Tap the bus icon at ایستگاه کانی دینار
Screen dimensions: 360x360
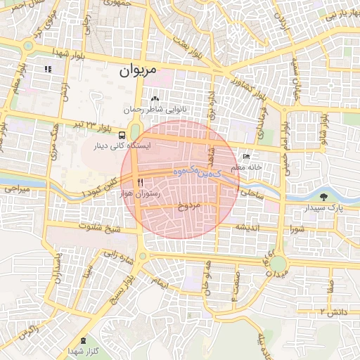pyautogui.click(x=123, y=134)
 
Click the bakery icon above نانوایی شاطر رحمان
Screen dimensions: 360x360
pyautogui.click(x=155, y=99)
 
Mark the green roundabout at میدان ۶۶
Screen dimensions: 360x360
pyautogui.click(x=278, y=264)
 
